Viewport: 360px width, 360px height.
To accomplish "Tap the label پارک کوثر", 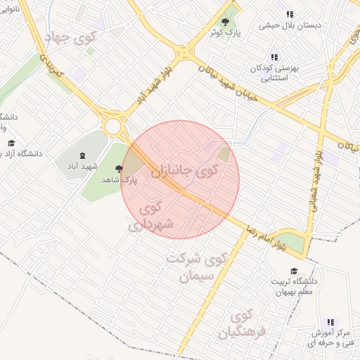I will point(224,32).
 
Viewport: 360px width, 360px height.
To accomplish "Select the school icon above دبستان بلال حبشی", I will point(288,14).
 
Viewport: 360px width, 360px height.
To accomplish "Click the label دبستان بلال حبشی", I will point(290,25).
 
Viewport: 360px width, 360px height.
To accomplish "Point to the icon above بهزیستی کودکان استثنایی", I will point(274,57).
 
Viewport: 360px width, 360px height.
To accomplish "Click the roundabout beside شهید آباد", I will point(112,126).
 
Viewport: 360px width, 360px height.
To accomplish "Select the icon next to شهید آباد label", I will point(83,155).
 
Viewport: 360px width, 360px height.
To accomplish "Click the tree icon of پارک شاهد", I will point(118,169).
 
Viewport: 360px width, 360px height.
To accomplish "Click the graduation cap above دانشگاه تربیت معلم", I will point(293,271).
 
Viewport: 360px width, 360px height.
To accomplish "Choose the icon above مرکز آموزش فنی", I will point(330,322).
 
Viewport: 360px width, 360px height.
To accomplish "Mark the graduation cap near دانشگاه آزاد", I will point(11,143).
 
